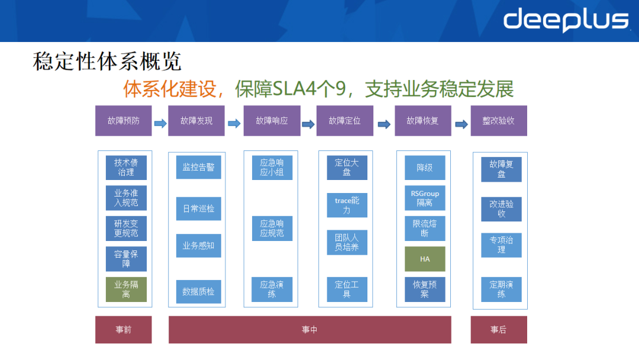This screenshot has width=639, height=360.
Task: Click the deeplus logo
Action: [566, 20]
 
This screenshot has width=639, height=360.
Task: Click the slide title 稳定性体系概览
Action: [106, 61]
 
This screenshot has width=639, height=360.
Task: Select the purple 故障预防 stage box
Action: [124, 121]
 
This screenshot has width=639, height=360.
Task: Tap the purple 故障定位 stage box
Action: [344, 121]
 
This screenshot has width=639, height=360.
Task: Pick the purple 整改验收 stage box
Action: [498, 121]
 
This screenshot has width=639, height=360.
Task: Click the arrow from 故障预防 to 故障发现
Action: [160, 123]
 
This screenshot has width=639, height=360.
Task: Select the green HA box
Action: [425, 259]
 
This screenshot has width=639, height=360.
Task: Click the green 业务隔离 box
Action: [126, 290]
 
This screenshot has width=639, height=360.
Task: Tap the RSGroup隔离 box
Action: [425, 198]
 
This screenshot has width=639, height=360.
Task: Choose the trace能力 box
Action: [347, 205]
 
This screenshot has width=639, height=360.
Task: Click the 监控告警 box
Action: [198, 167]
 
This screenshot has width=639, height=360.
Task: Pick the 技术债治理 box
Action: [126, 168]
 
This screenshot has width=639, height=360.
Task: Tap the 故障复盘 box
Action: [501, 169]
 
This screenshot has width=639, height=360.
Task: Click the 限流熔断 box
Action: [425, 228]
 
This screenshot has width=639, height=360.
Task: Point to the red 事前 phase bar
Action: [124, 330]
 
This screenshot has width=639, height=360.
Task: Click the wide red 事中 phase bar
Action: [309, 330]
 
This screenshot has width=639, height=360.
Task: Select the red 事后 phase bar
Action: [498, 330]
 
